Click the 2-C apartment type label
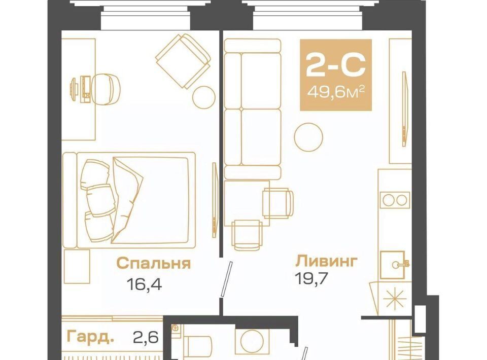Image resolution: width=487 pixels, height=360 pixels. tap(335, 65)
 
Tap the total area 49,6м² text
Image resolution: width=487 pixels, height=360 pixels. tap(335, 92)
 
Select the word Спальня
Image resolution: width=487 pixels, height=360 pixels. tap(153, 263)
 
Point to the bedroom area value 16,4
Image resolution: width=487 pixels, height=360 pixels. tap(144, 284)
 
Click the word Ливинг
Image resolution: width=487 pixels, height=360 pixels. tap(326, 261)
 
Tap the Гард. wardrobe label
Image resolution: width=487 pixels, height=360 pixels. tap(90, 336)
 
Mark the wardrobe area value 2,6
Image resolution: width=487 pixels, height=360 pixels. tap(146, 337)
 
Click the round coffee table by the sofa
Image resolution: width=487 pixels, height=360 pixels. tap(308, 137)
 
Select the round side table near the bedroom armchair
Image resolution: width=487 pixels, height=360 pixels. tap(204, 97)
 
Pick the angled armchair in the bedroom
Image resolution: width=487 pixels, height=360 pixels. tap(183, 61)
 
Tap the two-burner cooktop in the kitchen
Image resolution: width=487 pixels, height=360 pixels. tap(395, 200)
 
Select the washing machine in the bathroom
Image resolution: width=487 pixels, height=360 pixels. tap(252, 341)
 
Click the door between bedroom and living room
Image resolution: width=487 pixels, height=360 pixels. tap(226, 279)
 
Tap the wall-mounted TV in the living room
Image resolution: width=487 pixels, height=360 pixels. tap(404, 109)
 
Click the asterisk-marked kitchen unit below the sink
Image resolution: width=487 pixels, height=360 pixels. tap(395, 299)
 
